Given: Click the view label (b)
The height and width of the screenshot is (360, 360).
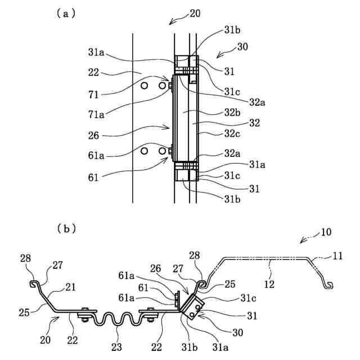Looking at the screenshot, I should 65,229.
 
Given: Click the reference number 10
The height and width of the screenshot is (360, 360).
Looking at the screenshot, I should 327,232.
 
